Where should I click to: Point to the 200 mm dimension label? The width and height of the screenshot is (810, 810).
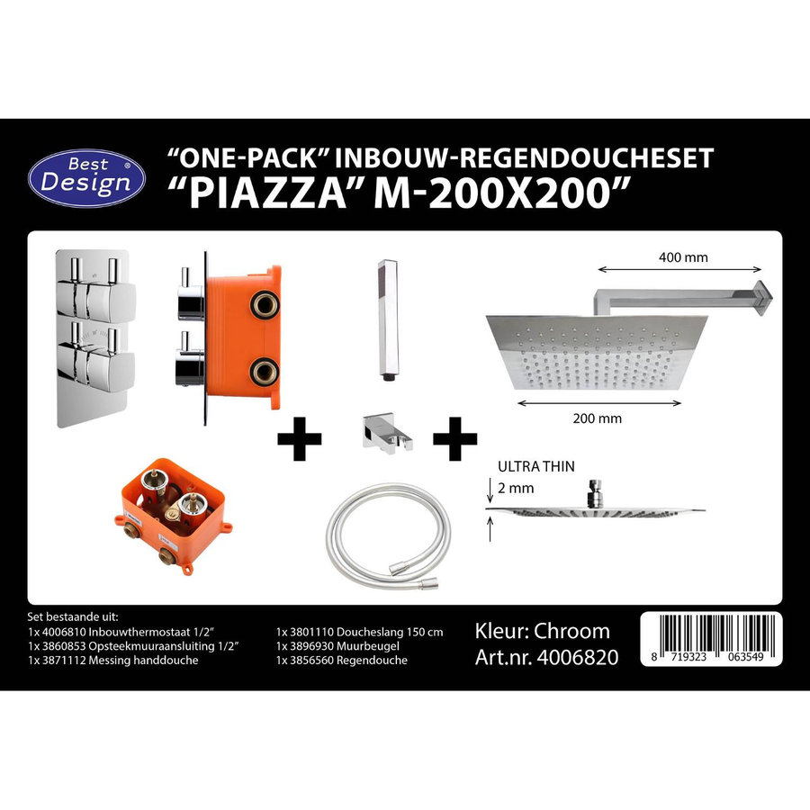coord(596,418)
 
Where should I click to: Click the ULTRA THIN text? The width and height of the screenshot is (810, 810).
coord(536,467)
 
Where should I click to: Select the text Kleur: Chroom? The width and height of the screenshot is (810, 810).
coord(542,631)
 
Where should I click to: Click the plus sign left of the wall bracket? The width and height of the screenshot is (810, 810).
coord(299,438)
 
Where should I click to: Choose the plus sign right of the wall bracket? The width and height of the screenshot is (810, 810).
coord(454,438)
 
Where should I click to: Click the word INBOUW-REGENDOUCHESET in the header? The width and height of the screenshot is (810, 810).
coord(525,158)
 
